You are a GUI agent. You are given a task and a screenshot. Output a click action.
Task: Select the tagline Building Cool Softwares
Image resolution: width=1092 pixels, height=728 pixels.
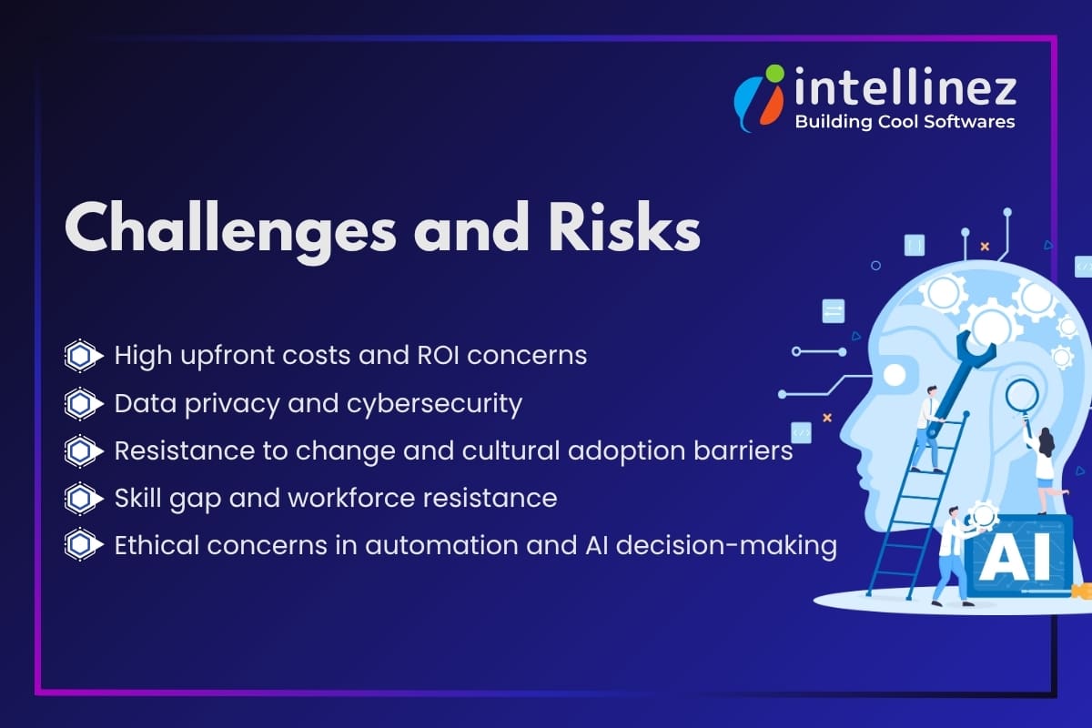coord(905,121)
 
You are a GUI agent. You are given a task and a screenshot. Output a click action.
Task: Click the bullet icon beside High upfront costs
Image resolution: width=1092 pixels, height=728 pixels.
coord(81,356)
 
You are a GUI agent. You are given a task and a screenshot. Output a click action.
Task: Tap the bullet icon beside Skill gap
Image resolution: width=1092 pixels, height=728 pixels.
coord(81,498)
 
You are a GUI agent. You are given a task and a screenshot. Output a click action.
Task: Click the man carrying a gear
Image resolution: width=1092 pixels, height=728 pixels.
coord(952,551)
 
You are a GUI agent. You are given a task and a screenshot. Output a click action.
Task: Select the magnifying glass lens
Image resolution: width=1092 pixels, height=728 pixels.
coord(1022,394)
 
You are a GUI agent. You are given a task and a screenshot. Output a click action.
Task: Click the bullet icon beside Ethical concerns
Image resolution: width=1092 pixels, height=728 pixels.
coord(81,545)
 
